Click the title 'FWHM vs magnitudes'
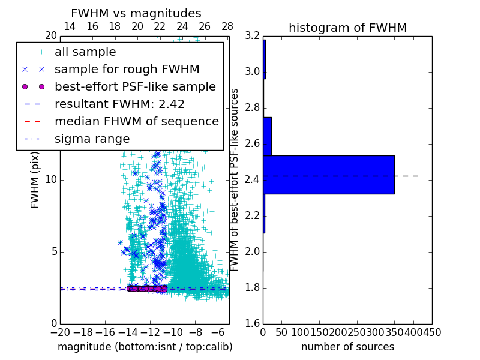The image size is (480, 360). pyautogui.click(x=136, y=13)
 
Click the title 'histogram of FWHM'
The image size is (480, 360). pyautogui.click(x=347, y=28)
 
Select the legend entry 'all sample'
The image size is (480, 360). pyautogui.click(x=85, y=52)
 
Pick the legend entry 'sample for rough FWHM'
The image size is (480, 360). pyautogui.click(x=127, y=69)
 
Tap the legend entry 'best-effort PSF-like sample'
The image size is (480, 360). pyautogui.click(x=135, y=86)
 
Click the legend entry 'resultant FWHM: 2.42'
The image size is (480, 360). pyautogui.click(x=119, y=104)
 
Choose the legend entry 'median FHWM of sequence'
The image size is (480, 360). pyautogui.click(x=136, y=121)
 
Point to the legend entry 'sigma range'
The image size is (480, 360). pyautogui.click(x=92, y=139)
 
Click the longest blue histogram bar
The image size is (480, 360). pyautogui.click(x=328, y=175)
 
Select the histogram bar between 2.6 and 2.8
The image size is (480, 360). pyautogui.click(x=267, y=136)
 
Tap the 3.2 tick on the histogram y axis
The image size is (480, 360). pyautogui.click(x=252, y=36)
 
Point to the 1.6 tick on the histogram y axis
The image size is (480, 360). pyautogui.click(x=252, y=324)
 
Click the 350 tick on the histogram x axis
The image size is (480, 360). pyautogui.click(x=394, y=332)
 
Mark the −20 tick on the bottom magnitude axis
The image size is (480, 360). pyautogui.click(x=60, y=332)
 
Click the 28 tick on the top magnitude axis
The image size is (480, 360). pyautogui.click(x=227, y=26)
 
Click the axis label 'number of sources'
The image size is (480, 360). pyautogui.click(x=347, y=347)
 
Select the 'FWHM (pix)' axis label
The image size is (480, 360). pyautogui.click(x=35, y=180)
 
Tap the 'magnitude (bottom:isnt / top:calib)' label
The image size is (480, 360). pyautogui.click(x=145, y=347)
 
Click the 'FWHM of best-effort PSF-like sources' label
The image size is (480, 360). pyautogui.click(x=235, y=180)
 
